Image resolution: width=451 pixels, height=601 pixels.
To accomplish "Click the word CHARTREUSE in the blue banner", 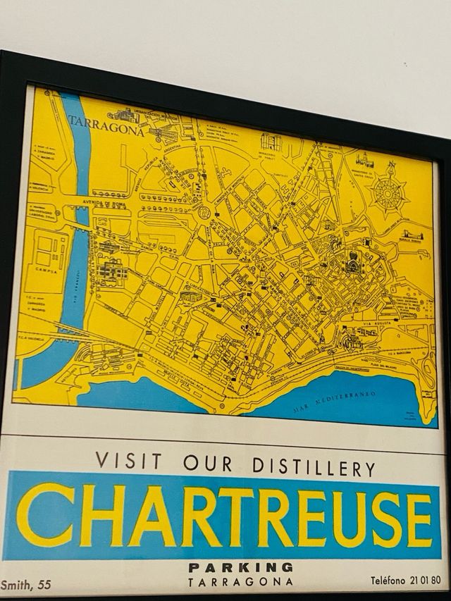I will (x=225, y=516).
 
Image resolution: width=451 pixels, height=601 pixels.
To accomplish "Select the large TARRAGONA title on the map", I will (x=106, y=128).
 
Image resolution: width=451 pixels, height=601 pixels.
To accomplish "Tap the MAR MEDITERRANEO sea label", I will (x=340, y=399).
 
